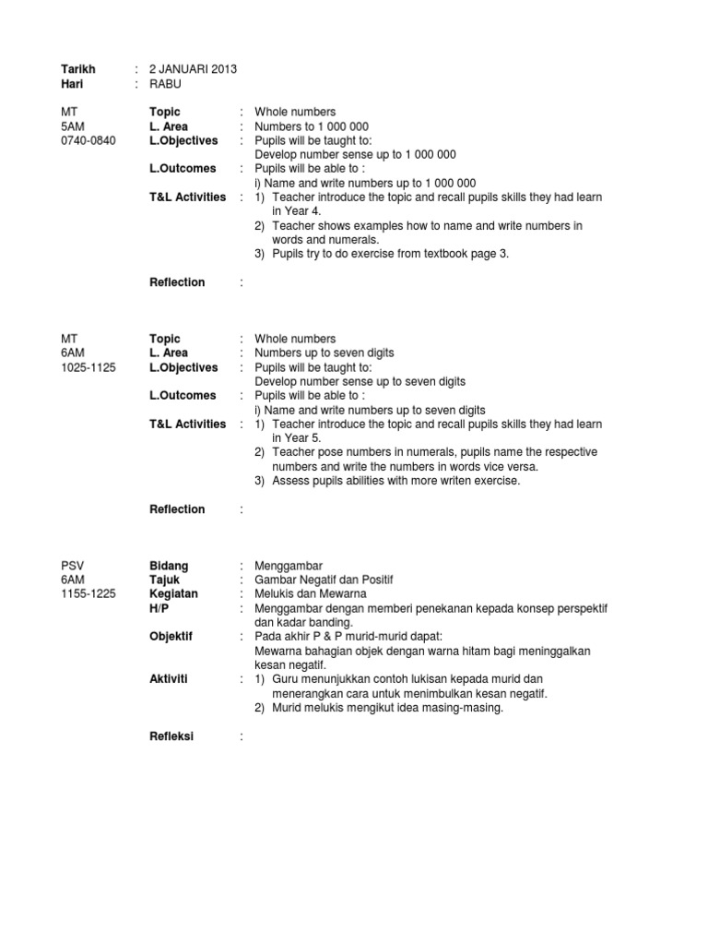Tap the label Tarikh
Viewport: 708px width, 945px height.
click(x=77, y=69)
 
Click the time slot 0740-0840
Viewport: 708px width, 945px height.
click(x=88, y=140)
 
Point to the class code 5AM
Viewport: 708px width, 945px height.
click(x=72, y=126)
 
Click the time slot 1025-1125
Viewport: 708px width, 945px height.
click(x=88, y=367)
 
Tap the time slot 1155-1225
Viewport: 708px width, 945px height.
click(x=88, y=593)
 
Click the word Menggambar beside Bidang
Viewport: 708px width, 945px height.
click(x=289, y=566)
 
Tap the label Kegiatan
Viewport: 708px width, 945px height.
click(x=173, y=593)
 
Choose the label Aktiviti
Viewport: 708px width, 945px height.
click(x=169, y=678)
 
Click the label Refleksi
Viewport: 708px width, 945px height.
click(x=172, y=736)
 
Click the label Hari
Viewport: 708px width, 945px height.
click(x=72, y=83)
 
